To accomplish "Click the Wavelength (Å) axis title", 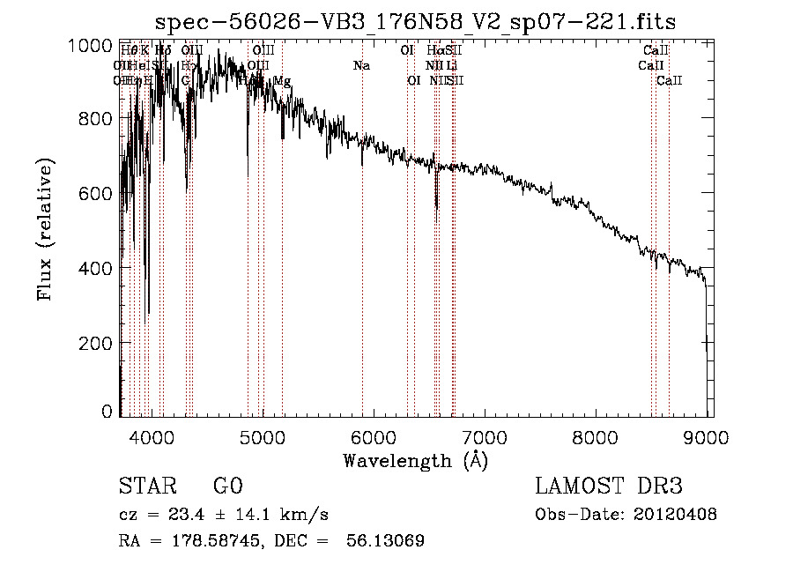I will pos(415,460).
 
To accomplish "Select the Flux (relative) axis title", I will pos(44,229).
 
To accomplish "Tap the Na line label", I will pos(361,65).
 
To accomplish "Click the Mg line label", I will pos(282,81).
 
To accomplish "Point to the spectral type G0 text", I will pos(227,487).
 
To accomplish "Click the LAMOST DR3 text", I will pos(609,487).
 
